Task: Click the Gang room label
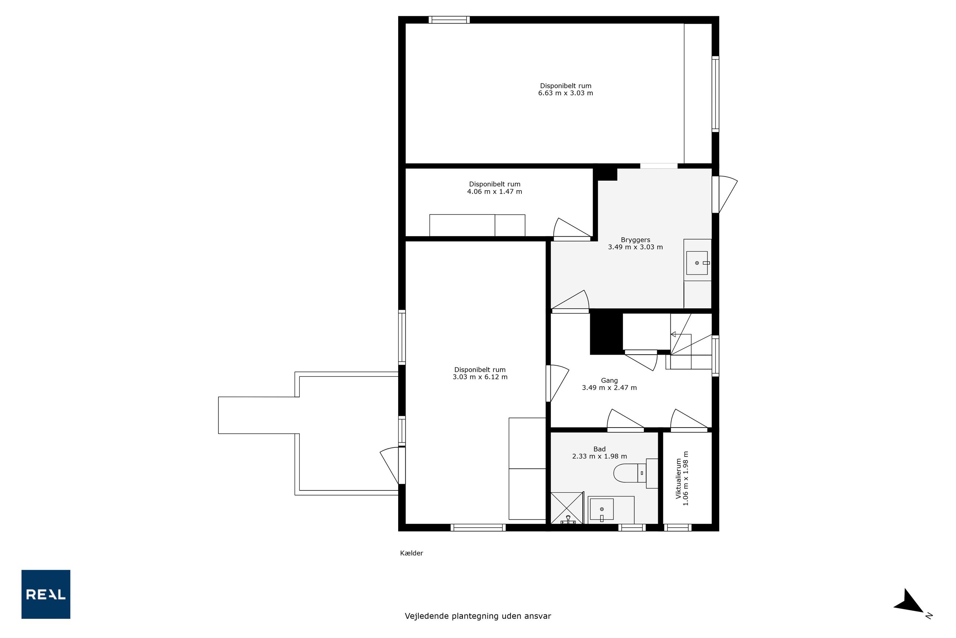coord(609,380)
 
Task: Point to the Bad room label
coord(599,449)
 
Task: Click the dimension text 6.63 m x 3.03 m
coord(565,93)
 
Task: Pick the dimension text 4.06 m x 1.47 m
coord(495,192)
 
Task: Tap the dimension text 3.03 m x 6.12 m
coord(480,377)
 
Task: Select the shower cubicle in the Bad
coord(567,508)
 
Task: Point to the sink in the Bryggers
coord(697,263)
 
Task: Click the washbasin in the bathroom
coord(602,510)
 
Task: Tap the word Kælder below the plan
coord(411,553)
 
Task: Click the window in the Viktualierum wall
coord(678,528)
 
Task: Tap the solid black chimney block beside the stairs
coord(606,332)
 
